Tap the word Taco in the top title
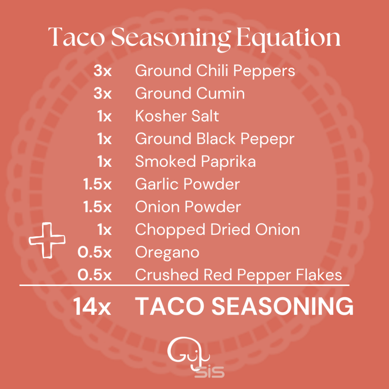(x=76, y=37)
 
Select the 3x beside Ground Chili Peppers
(x=103, y=71)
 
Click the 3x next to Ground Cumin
(x=103, y=93)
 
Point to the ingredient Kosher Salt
(x=177, y=116)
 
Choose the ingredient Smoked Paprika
(x=196, y=162)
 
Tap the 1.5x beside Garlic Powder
(x=97, y=184)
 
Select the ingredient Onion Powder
(x=188, y=207)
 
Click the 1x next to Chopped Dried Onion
(x=104, y=230)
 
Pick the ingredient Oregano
(x=167, y=253)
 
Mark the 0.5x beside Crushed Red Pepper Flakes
(x=95, y=275)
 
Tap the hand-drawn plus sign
(x=47, y=240)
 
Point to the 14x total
(x=92, y=307)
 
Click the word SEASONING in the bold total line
(x=282, y=307)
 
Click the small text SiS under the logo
(x=210, y=372)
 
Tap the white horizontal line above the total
(x=184, y=285)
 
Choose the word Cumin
(x=221, y=93)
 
